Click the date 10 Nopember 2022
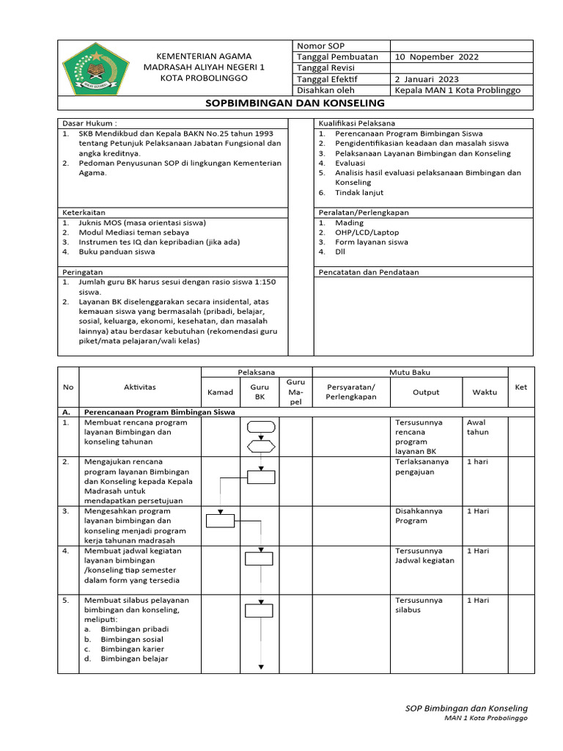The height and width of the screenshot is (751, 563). pos(436,56)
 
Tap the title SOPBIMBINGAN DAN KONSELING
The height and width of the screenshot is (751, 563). pos(295,103)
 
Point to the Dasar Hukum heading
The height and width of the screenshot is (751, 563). pos(89,124)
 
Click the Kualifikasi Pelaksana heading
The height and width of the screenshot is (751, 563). pos(356,124)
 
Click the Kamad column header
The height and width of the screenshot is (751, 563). pos(220,392)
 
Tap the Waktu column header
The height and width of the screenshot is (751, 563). pos(484,392)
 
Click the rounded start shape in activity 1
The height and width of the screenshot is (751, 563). pos(261,427)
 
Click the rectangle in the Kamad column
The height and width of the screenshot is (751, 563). pos(220,521)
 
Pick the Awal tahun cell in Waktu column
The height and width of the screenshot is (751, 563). pos(478,428)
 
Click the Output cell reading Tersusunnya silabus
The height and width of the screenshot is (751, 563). pos(419,605)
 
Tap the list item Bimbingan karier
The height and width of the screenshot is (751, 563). pos(132,649)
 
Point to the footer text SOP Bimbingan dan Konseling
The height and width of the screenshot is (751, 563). pos(466,708)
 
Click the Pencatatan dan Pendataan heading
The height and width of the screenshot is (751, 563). pos(369,272)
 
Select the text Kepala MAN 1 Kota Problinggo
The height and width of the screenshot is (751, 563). pos(457,90)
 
